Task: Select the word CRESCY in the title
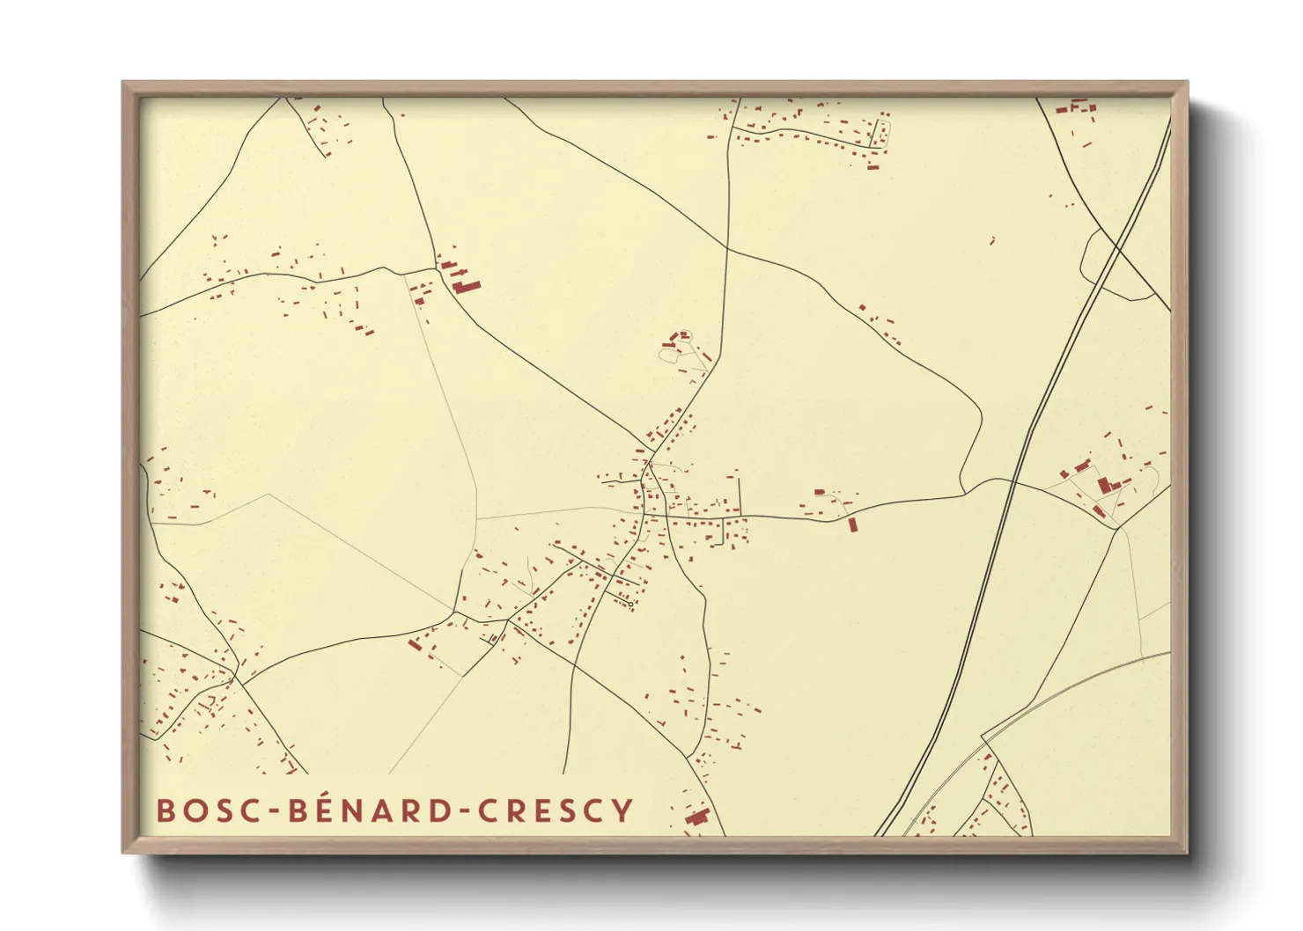pos(556,810)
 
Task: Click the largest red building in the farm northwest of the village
pos(467,285)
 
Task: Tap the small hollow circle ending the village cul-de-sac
pos(631,605)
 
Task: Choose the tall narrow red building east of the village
pos(852,524)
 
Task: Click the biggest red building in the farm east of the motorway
pos(1104,484)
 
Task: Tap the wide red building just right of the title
pos(697,817)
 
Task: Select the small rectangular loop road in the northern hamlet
pos(880,134)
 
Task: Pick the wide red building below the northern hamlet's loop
pos(872,166)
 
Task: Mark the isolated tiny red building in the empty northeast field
pos(992,239)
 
